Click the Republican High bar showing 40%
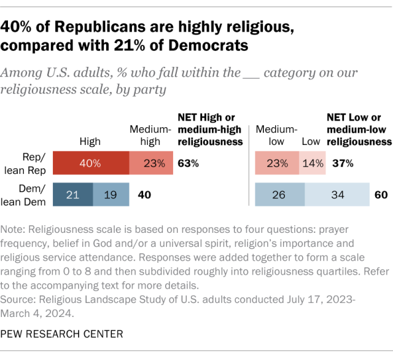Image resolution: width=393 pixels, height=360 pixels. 90,163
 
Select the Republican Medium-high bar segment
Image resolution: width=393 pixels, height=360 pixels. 151,163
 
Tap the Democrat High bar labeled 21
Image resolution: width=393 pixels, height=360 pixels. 72,195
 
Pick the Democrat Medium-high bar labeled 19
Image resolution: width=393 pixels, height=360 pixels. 111,195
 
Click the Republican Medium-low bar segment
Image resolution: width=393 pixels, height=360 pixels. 276,163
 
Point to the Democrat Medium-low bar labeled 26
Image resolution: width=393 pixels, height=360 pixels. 279,195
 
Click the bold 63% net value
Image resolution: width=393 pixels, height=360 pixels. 188,163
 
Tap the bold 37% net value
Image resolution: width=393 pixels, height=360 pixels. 342,163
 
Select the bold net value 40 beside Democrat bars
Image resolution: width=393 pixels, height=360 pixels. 144,195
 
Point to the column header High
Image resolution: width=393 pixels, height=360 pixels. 90,141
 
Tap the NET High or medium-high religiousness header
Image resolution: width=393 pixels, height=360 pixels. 208,129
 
